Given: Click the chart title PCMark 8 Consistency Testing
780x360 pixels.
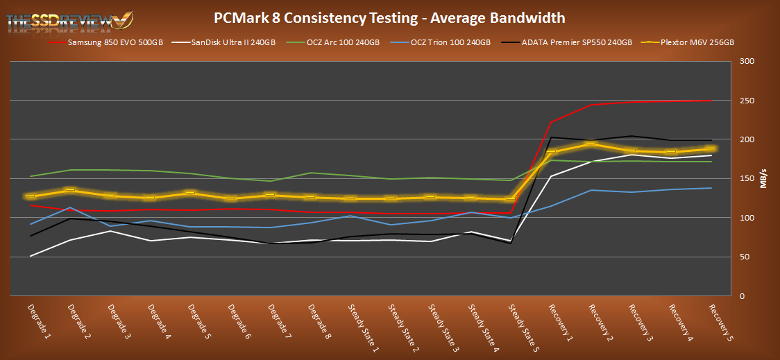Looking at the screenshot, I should (x=390, y=17).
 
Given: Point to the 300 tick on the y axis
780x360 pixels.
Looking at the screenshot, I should (x=745, y=62).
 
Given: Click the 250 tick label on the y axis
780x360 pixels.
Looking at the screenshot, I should (x=745, y=101).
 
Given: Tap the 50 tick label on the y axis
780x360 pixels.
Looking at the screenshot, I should (x=742, y=257).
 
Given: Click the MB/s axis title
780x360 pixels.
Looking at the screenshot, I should (x=763, y=179).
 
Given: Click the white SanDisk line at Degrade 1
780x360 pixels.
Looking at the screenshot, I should (x=29, y=256).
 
